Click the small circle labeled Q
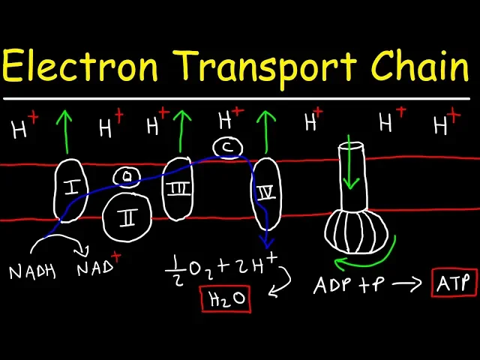128,176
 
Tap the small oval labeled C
227,148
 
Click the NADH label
31,272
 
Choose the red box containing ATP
454,283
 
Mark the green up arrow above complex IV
263,130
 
